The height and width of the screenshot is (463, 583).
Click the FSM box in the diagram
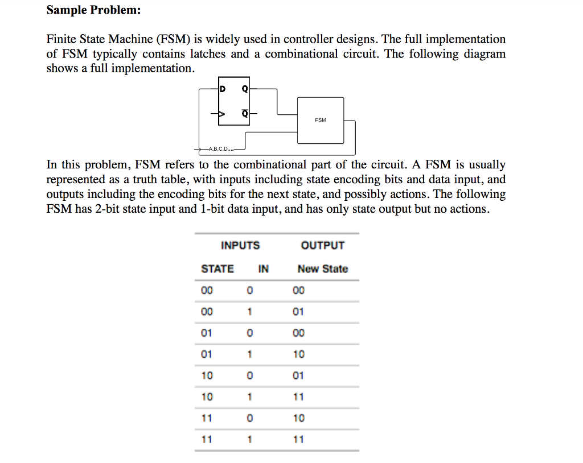click(321, 120)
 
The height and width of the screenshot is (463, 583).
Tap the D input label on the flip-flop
click(223, 89)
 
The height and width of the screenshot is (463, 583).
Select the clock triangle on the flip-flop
click(222, 114)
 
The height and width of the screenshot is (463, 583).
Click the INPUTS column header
click(240, 246)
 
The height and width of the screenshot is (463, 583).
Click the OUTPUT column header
click(323, 246)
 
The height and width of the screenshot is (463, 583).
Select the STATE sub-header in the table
click(217, 269)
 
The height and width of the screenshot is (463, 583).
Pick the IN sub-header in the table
click(264, 269)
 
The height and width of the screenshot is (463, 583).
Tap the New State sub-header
click(322, 269)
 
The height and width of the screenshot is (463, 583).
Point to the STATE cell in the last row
click(207, 439)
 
